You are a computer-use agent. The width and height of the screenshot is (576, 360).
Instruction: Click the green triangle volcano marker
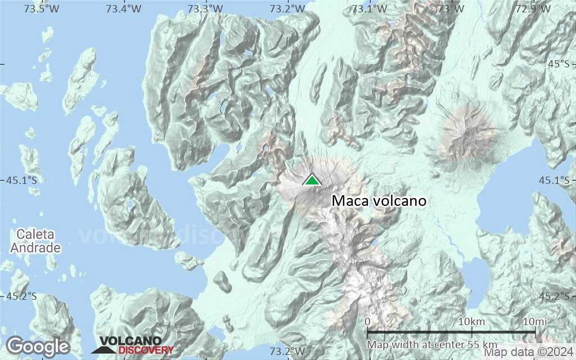(x=311, y=180)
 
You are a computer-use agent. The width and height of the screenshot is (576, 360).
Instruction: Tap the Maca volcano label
(x=379, y=201)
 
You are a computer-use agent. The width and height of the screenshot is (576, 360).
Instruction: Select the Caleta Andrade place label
(x=38, y=241)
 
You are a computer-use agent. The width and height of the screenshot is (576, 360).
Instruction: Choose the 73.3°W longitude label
(x=206, y=9)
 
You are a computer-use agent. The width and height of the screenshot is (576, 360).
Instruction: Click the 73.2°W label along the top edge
(x=287, y=9)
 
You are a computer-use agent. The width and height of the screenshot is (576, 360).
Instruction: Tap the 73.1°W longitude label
(x=369, y=9)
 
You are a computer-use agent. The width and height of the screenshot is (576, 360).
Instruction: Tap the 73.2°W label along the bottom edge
(x=287, y=352)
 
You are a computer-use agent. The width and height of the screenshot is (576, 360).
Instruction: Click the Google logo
(x=38, y=346)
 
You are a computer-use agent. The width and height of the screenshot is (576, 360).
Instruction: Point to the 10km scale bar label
(x=471, y=321)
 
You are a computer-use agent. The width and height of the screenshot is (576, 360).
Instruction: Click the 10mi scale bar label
(x=535, y=321)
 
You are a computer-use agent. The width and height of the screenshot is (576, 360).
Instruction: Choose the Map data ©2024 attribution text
(x=529, y=353)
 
